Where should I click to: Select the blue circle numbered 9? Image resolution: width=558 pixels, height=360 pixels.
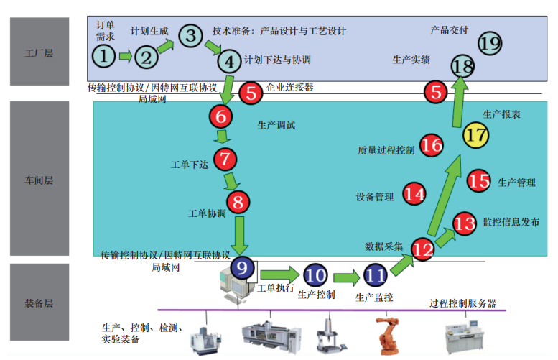242,269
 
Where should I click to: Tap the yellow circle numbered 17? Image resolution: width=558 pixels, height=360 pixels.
475,134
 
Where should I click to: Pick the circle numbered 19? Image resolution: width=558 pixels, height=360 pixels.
490,43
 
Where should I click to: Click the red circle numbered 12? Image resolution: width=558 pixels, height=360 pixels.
423,249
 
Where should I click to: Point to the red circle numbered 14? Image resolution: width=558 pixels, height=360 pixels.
414,193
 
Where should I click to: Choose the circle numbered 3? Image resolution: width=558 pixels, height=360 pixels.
190,35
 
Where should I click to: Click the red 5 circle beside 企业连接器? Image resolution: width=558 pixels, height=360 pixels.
251,92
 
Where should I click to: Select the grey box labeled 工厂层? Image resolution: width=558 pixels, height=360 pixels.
39,52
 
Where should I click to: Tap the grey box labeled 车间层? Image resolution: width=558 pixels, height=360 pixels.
39,180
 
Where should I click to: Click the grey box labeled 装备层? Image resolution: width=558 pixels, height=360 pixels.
39,303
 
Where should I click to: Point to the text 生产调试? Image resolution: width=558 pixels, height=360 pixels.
276,124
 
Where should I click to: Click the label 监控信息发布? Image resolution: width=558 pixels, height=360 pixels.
511,223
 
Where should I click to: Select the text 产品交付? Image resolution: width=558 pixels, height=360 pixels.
449,30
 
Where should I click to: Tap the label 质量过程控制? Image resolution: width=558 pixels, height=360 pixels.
386,151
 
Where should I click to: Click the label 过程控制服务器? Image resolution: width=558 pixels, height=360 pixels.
462,303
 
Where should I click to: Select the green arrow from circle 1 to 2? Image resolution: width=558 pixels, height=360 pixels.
125,55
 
